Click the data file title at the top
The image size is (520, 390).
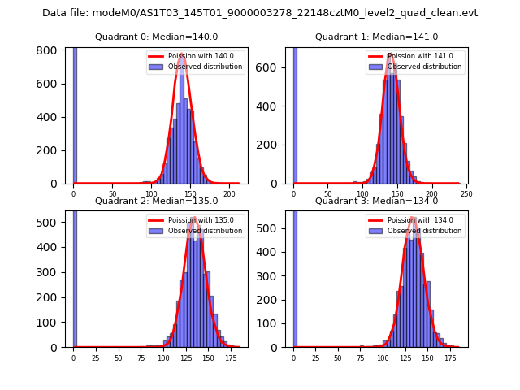point(260,13)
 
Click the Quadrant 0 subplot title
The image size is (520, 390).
point(157,37)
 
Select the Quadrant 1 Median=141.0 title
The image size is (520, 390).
point(376,37)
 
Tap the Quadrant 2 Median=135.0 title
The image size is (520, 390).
point(157,201)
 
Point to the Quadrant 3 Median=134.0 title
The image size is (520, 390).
point(376,201)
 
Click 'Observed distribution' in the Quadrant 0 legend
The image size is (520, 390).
point(205,67)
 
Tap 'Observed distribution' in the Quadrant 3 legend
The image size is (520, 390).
point(424,231)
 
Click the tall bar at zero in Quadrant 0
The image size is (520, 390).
point(75,114)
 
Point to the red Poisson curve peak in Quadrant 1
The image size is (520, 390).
point(391,55)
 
